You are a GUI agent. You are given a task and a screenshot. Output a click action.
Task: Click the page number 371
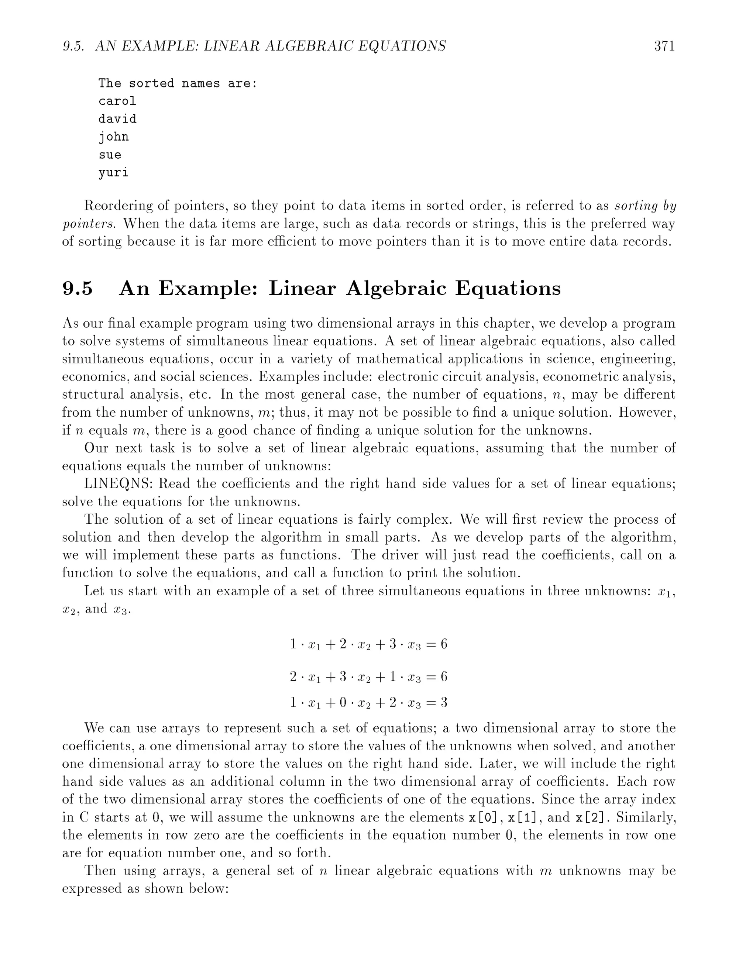pyautogui.click(x=664, y=46)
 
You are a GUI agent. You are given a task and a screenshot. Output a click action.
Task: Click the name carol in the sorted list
pyautogui.click(x=117, y=101)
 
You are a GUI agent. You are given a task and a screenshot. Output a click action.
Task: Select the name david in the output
pyautogui.click(x=117, y=119)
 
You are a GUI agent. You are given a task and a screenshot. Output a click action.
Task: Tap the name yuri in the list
pyautogui.click(x=113, y=173)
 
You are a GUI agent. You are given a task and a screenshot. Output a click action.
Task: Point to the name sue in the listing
pyautogui.click(x=110, y=155)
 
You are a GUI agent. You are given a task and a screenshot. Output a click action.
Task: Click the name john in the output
pyautogui.click(x=113, y=137)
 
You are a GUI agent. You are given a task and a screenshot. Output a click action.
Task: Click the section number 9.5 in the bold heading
pyautogui.click(x=78, y=288)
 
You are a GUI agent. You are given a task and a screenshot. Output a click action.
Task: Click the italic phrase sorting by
pyautogui.click(x=645, y=206)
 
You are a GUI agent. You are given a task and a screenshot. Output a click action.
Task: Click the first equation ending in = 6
pyautogui.click(x=368, y=644)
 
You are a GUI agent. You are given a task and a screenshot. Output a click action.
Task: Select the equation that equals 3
pyautogui.click(x=368, y=702)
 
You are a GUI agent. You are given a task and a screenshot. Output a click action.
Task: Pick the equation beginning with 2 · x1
pyautogui.click(x=368, y=676)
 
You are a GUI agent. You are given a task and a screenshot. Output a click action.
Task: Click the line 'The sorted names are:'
pyautogui.click(x=178, y=83)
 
